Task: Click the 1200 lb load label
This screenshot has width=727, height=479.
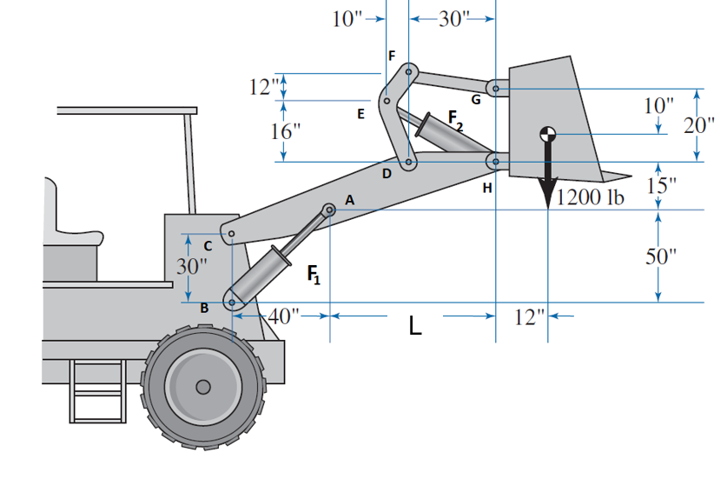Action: point(591,196)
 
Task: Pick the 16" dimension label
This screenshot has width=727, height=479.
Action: point(287,131)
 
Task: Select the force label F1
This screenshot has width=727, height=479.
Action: point(314,276)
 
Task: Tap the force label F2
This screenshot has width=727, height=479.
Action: point(455,119)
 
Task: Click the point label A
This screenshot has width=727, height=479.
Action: point(349,200)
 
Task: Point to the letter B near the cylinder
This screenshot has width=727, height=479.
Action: point(205,308)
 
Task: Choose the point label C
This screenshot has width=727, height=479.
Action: point(208,246)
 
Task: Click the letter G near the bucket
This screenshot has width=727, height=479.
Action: point(475,99)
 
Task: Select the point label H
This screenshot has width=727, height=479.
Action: point(486,187)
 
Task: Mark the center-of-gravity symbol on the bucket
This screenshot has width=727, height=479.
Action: point(547,134)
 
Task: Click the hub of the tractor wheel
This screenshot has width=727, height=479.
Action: point(202,386)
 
